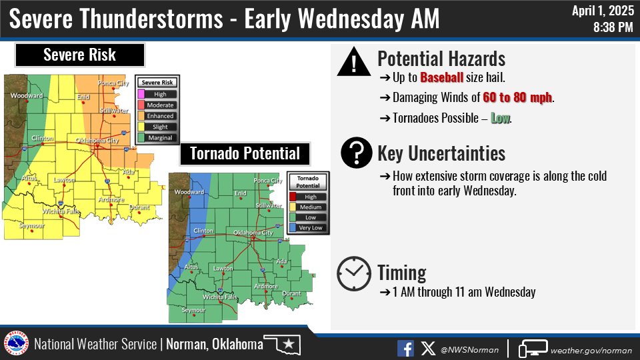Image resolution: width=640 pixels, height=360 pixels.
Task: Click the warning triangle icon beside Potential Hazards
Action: coord(353,63)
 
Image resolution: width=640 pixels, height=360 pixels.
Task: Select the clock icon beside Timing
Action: coord(353,273)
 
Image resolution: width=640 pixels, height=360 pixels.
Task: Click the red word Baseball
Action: coord(441,78)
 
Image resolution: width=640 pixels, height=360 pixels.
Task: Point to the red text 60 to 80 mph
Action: coord(517,98)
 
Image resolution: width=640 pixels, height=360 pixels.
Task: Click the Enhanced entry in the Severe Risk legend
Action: coord(159,116)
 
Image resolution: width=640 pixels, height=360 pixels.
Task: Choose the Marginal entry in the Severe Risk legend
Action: coord(159,137)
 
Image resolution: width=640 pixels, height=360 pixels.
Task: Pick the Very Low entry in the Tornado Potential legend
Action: coord(310,228)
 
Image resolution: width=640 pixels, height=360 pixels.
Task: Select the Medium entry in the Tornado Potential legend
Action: coord(310,207)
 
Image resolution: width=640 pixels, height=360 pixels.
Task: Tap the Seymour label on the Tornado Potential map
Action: coord(193,311)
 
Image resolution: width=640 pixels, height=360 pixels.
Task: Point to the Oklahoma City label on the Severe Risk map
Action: coord(97,141)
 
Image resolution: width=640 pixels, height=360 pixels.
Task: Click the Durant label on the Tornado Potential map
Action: coord(291,294)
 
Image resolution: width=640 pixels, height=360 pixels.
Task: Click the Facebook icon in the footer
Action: coord(405,348)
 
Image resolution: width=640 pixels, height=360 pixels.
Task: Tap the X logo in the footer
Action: coord(427,348)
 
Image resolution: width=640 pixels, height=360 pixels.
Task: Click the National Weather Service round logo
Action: coord(17,345)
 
